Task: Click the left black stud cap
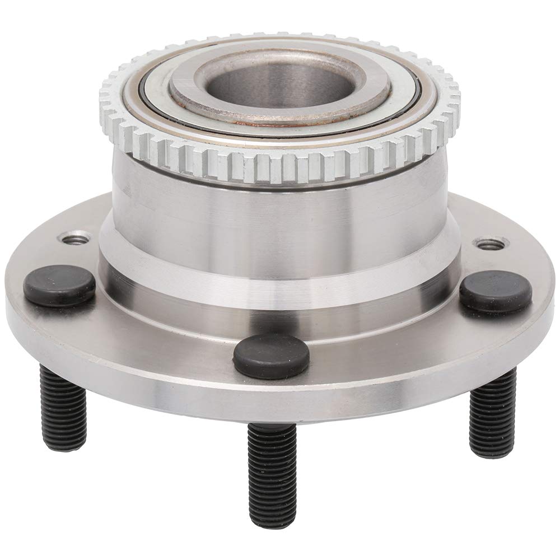59,285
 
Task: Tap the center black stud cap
270,356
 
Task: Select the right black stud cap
495,291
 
